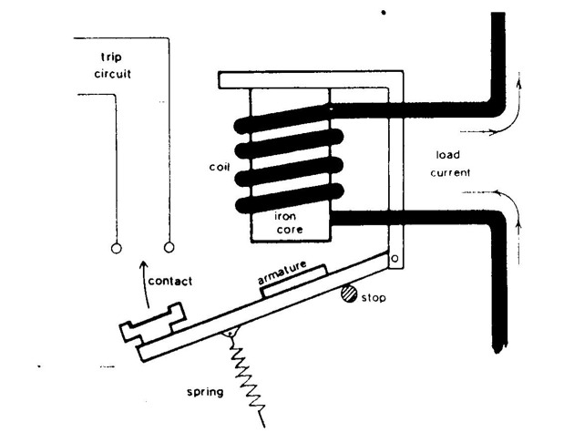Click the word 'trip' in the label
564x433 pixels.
pos(111,57)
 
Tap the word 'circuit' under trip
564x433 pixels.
pos(112,74)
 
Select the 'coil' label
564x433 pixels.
pos(220,167)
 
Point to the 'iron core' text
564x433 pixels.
pos(290,222)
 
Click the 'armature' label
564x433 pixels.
pos(282,273)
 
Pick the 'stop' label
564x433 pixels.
pos(373,298)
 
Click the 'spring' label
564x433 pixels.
pos(205,392)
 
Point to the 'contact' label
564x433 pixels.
pos(170,281)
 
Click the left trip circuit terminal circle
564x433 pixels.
pos(117,248)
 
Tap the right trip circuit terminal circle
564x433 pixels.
pos(169,247)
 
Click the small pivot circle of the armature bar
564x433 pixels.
pos(395,258)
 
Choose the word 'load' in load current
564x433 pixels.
pos(447,155)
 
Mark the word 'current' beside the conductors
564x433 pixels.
pos(450,173)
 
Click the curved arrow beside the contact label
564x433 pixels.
pos(145,284)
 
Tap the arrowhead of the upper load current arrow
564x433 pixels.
pos(518,84)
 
